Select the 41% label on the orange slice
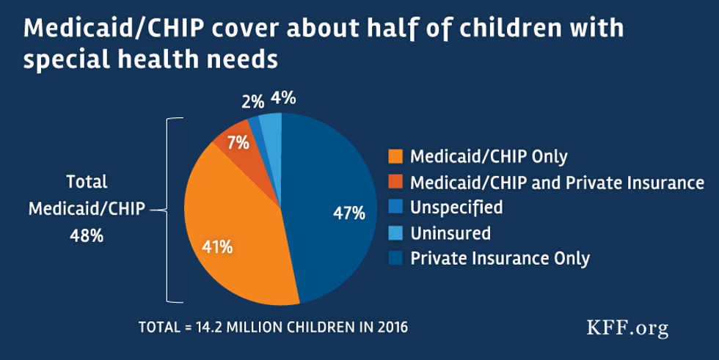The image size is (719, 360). [x=218, y=247]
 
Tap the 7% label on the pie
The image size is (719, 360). [x=236, y=144]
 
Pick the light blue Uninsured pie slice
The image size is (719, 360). [x=271, y=129]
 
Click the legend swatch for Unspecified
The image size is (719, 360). [x=396, y=207]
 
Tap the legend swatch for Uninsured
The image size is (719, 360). [x=396, y=233]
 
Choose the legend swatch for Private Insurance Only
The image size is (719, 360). [x=396, y=258]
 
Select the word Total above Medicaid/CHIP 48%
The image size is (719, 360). [x=87, y=182]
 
